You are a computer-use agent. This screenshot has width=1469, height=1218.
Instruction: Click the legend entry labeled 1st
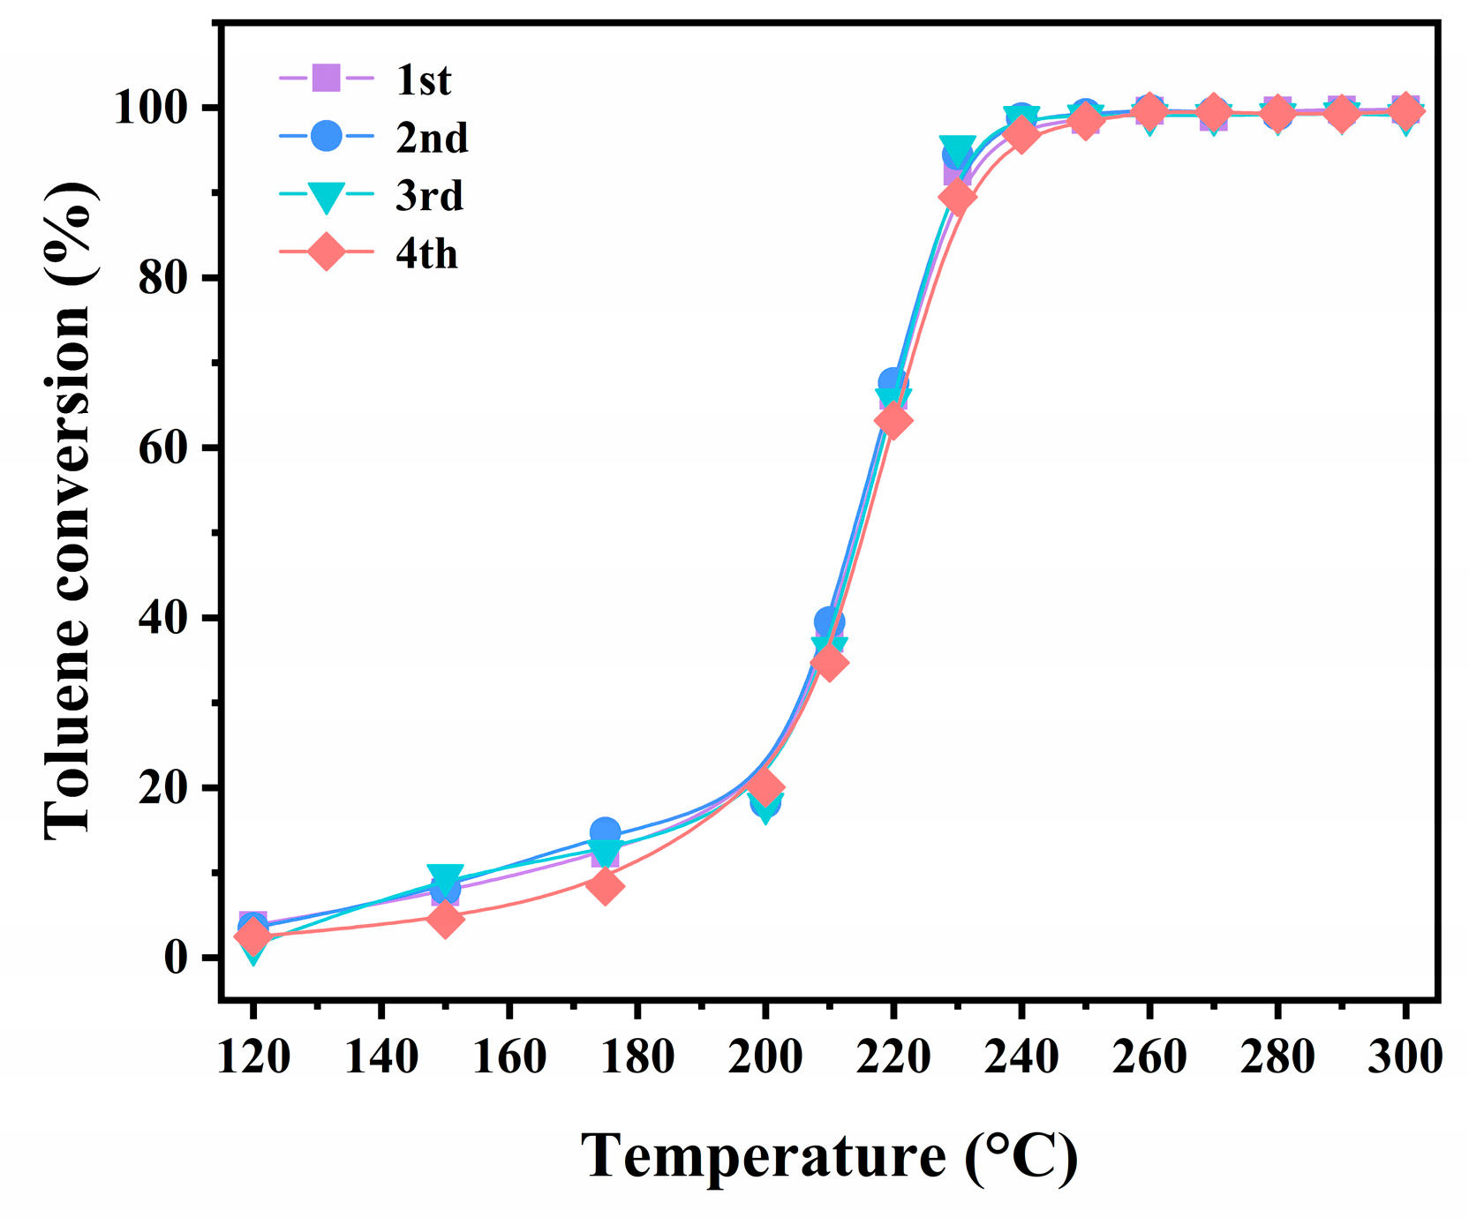point(423,80)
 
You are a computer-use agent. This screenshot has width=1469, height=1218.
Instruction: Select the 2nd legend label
point(431,139)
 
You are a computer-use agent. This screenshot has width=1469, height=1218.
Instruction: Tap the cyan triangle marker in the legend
point(327,197)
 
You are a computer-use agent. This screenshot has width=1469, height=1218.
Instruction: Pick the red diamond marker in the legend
point(327,253)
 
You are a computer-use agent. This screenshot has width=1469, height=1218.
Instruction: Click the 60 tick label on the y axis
point(163,448)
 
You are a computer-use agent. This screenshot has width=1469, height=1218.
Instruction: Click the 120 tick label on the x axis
point(253,1056)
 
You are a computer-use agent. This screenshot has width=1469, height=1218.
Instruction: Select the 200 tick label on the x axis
point(765,1056)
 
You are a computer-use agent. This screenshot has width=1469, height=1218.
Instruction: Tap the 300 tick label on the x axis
point(1405,1056)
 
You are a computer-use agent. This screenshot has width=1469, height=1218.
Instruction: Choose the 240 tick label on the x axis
point(1021,1056)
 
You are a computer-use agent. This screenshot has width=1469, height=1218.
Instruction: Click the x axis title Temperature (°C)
point(829,1156)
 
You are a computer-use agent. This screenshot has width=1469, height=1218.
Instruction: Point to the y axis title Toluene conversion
point(69,510)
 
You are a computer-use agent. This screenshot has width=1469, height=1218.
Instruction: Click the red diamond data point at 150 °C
point(446,919)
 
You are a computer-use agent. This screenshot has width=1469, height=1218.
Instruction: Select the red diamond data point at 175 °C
point(605,885)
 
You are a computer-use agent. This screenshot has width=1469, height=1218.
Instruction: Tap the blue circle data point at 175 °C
point(605,831)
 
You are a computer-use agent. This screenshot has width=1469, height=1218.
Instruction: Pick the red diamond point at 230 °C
point(957,197)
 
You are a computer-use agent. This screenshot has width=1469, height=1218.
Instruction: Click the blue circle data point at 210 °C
point(829,621)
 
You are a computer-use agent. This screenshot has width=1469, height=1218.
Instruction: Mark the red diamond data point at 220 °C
point(893,420)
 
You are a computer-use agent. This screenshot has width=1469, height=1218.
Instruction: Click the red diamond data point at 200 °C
point(765,786)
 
